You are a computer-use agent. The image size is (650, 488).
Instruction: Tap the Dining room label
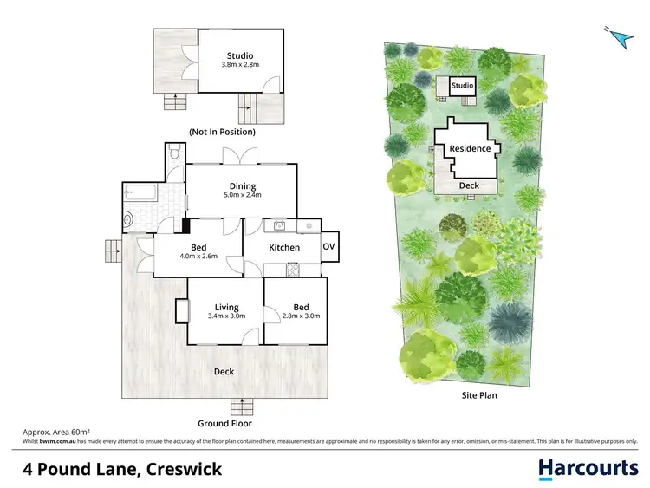click(242, 185)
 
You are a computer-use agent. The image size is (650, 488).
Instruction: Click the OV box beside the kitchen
click(328, 247)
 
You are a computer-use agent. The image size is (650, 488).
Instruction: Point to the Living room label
click(226, 307)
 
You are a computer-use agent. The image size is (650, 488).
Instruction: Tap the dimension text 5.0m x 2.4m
click(242, 195)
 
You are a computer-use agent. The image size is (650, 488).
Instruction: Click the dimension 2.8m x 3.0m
click(301, 316)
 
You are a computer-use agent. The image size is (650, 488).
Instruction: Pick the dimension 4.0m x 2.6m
click(198, 256)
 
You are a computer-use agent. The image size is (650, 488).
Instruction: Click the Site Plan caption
click(478, 395)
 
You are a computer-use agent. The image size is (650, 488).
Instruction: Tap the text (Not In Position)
click(222, 132)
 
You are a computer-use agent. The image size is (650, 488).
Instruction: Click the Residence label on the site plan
click(470, 148)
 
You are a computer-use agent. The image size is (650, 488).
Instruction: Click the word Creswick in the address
click(179, 470)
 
